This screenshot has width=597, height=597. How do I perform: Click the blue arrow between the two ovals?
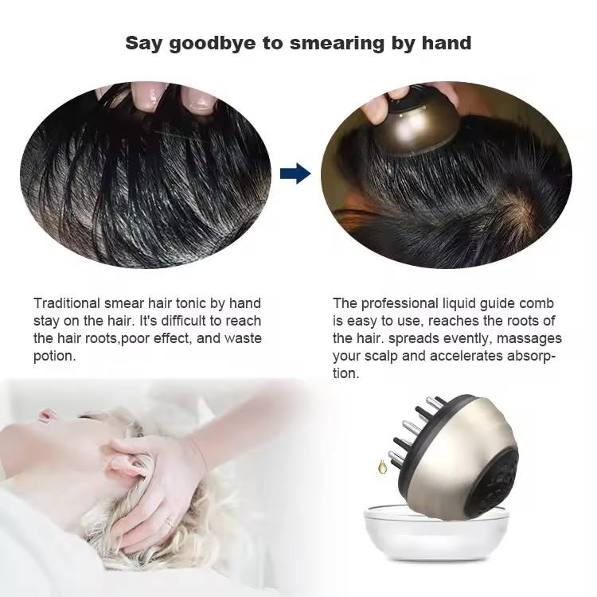tap(296, 173)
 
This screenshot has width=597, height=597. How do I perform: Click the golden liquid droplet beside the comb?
tap(392, 462)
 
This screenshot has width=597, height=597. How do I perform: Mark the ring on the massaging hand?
tap(168, 523)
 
